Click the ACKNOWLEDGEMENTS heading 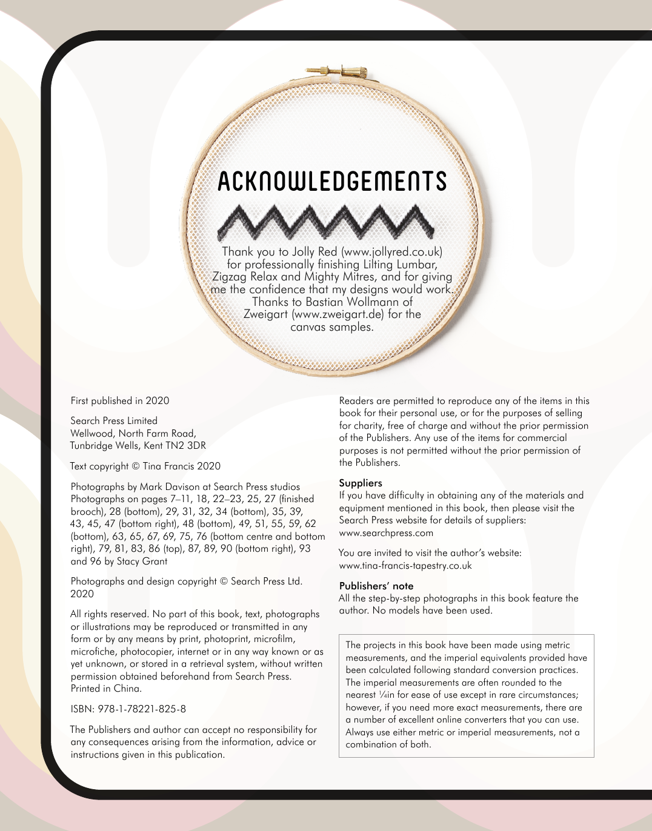(x=332, y=182)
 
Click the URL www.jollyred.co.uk (x=391, y=251)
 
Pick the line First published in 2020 (x=120, y=401)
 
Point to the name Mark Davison (x=169, y=487)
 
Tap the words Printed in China (x=106, y=689)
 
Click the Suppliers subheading (x=361, y=483)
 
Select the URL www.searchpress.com (x=386, y=533)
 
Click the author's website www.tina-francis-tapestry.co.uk (x=405, y=566)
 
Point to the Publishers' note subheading (x=376, y=586)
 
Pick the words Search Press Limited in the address (x=114, y=421)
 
